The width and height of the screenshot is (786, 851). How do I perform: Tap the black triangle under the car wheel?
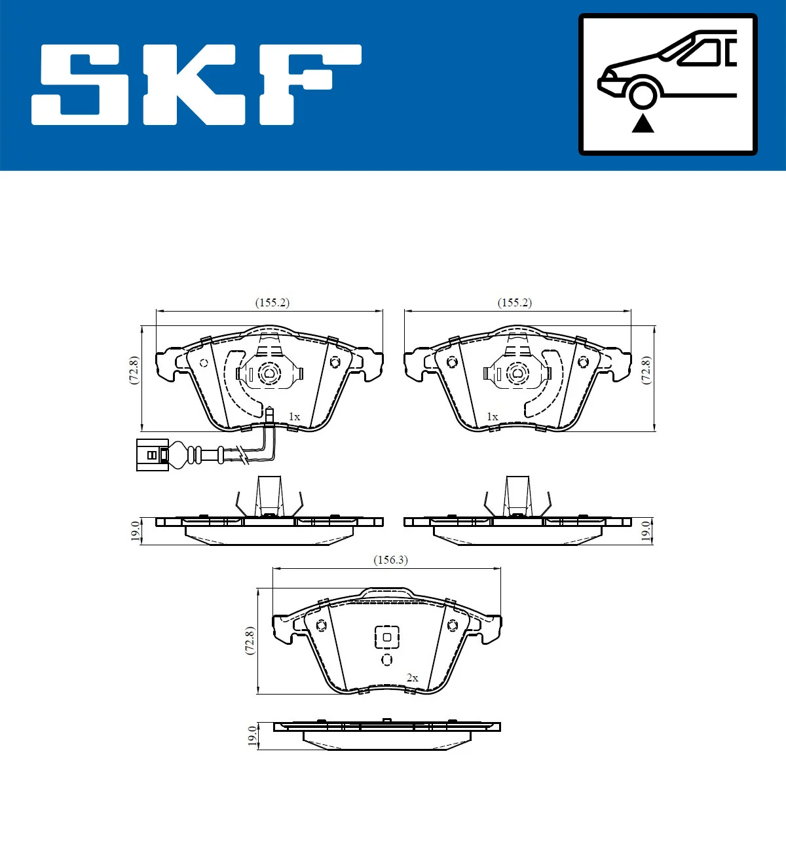tap(643, 122)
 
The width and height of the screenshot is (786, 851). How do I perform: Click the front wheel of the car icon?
tap(643, 93)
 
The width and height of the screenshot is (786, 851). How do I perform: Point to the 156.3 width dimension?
tap(390, 560)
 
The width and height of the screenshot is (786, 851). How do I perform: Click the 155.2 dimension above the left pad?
tap(272, 302)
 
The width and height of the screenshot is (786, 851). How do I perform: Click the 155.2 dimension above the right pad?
tap(515, 302)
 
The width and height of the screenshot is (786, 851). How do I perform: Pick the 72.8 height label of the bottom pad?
tap(250, 641)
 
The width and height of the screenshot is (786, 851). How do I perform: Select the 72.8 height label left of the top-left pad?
tap(134, 371)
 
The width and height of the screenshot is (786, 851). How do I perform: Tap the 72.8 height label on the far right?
tap(646, 371)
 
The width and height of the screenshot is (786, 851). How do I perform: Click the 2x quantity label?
tap(412, 678)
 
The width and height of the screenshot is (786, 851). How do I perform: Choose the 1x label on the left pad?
tap(294, 416)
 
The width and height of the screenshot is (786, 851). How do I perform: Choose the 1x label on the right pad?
tap(492, 416)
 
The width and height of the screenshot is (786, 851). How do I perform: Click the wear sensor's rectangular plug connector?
tap(152, 454)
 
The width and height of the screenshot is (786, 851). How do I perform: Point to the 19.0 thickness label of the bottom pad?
tap(252, 735)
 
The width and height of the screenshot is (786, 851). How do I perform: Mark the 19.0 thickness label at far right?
tap(646, 530)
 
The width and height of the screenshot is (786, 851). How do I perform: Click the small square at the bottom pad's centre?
tap(386, 637)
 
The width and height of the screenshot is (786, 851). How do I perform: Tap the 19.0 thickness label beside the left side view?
tap(135, 530)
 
